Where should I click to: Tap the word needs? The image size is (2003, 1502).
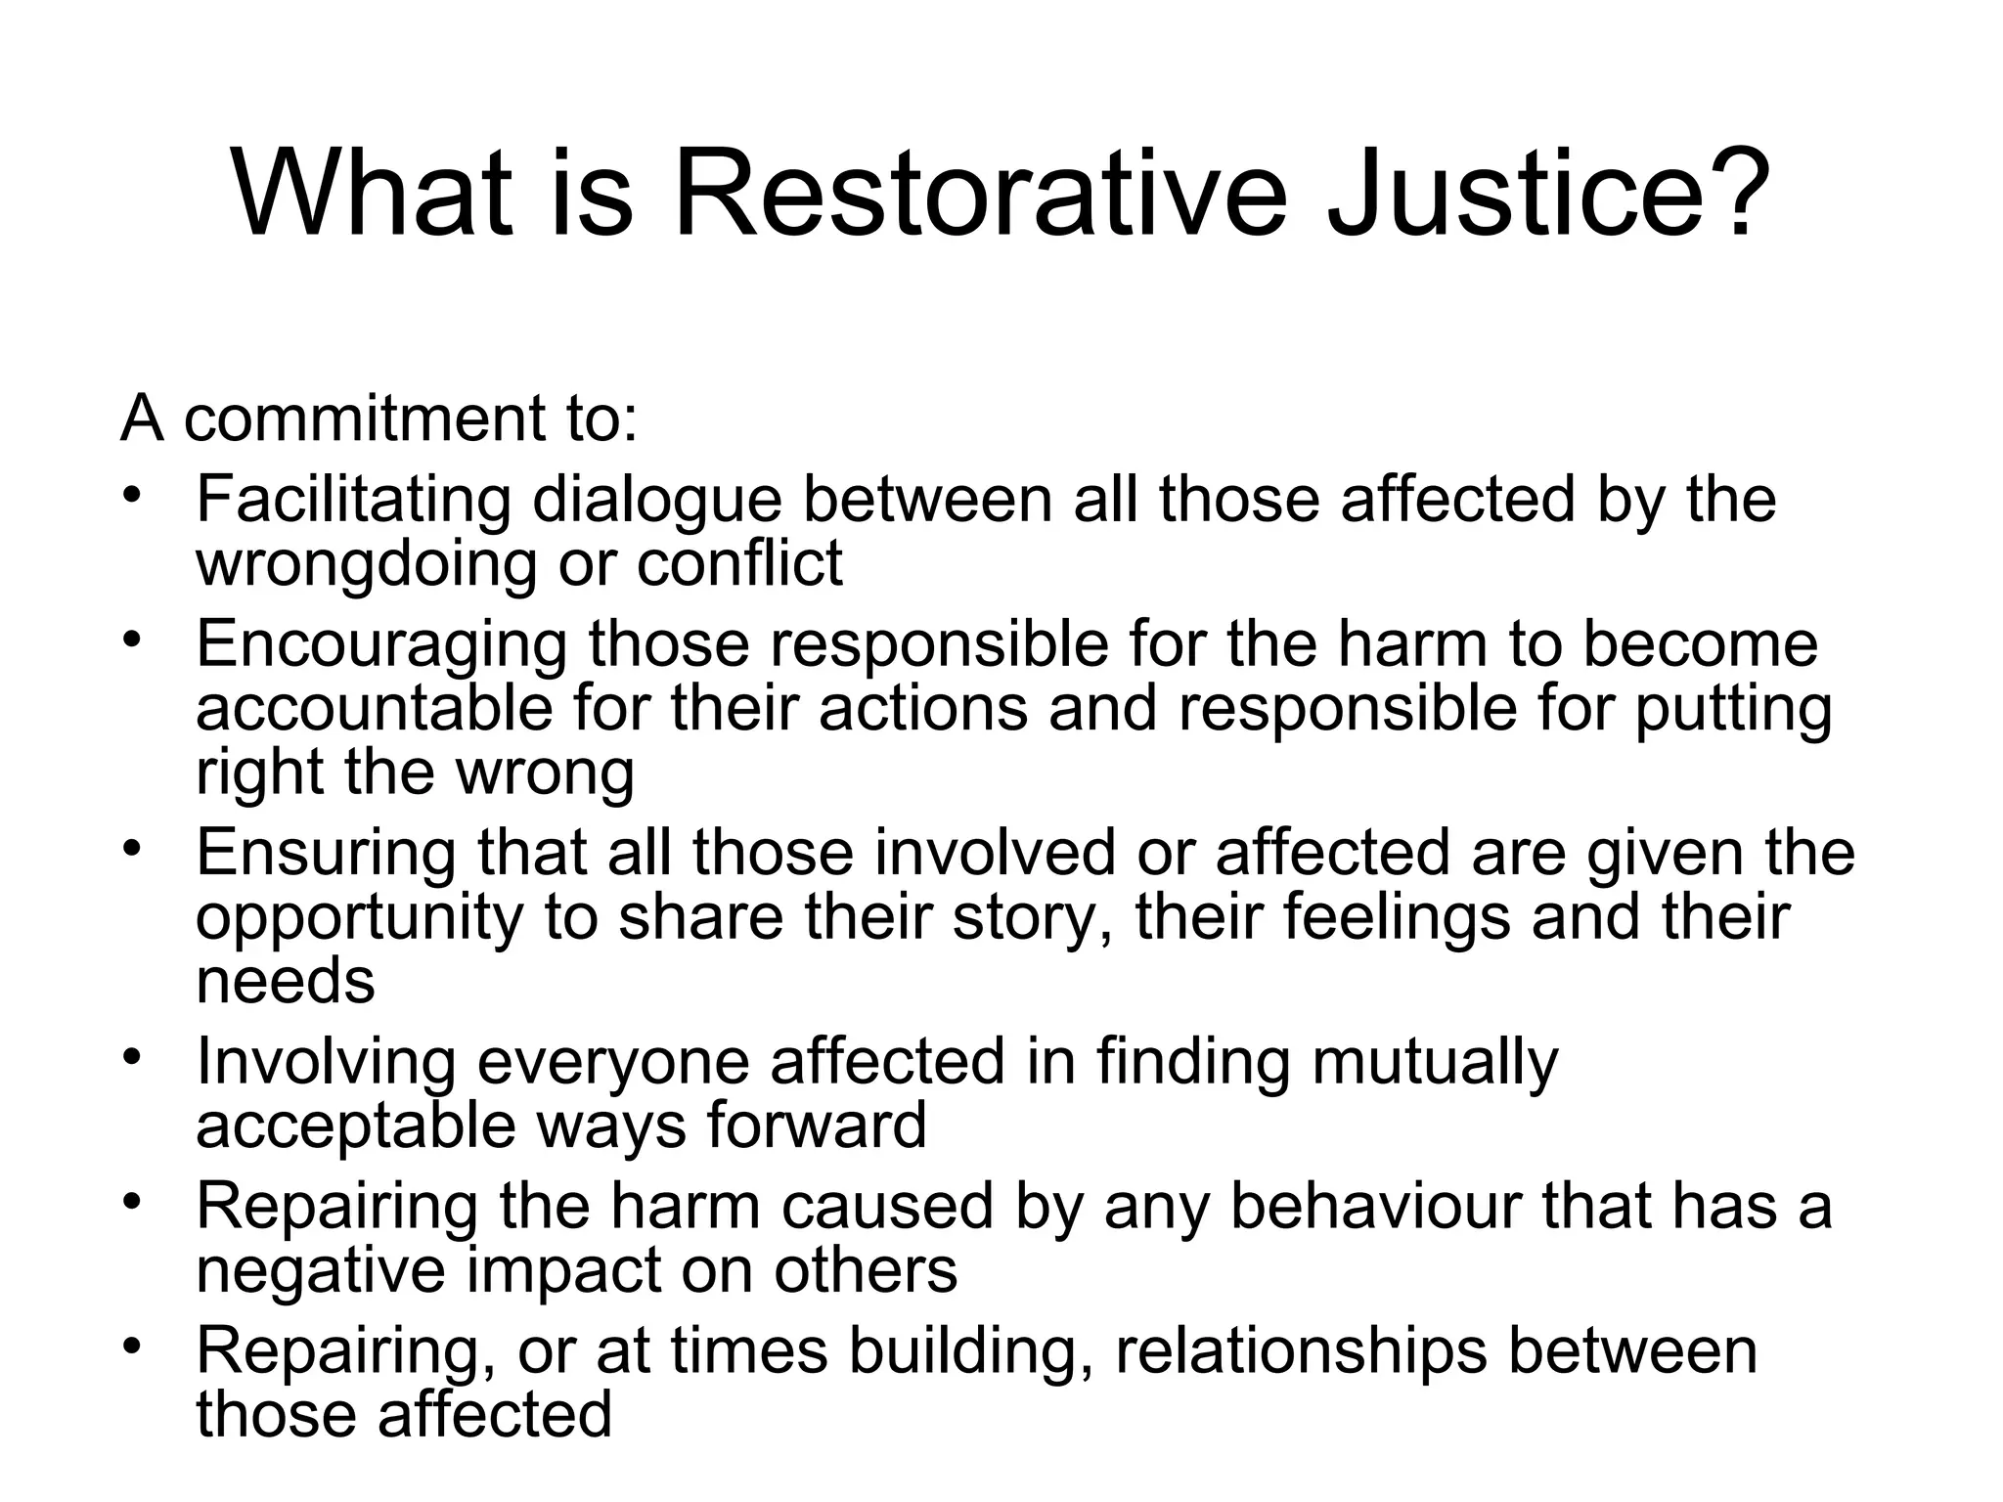click(285, 982)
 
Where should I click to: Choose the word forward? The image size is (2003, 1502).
click(816, 1126)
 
